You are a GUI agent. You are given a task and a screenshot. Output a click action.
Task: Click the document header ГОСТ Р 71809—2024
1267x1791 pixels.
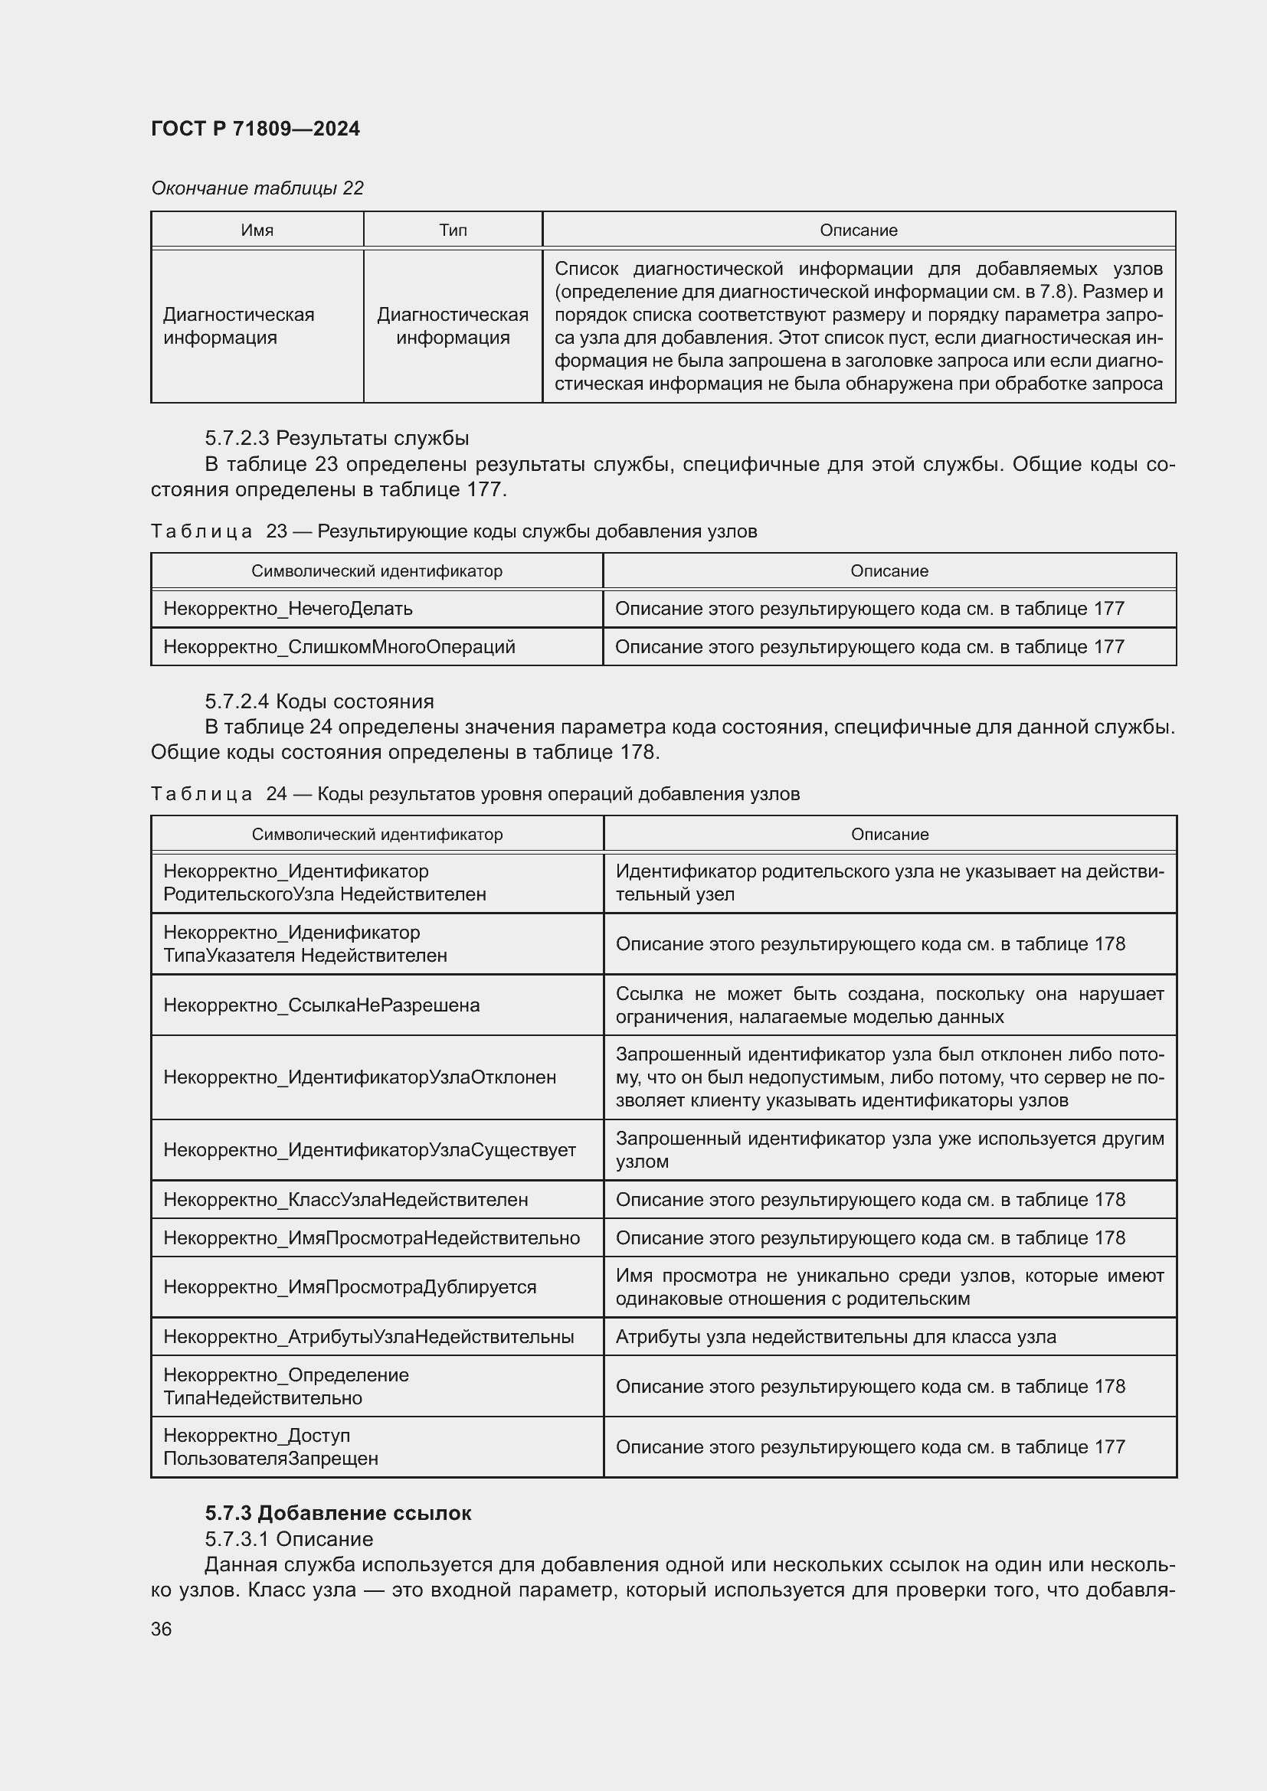[x=255, y=129]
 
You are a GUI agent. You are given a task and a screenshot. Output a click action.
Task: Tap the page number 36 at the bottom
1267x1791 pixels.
[x=162, y=1629]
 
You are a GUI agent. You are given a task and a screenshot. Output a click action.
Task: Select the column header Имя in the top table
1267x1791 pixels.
[x=257, y=230]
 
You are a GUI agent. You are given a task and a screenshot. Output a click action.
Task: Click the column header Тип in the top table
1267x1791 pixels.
[x=453, y=230]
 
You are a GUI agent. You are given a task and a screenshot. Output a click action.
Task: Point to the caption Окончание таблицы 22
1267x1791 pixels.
[x=257, y=188]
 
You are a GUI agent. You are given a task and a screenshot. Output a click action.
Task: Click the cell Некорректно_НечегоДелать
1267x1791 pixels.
[x=288, y=609]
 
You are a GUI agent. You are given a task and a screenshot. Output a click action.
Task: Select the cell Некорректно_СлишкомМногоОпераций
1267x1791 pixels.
[x=339, y=647]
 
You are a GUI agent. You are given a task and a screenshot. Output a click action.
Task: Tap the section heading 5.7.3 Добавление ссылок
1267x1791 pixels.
[x=338, y=1513]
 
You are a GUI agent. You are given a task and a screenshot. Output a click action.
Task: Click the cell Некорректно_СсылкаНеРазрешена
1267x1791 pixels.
[x=322, y=1005]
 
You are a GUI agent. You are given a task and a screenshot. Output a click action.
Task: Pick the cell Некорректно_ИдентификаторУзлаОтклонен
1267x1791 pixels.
[x=360, y=1077]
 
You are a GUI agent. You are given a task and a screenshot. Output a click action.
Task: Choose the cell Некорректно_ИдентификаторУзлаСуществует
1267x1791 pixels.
[x=369, y=1150]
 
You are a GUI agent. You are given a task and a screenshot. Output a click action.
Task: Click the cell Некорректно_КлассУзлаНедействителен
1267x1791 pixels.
[x=345, y=1200]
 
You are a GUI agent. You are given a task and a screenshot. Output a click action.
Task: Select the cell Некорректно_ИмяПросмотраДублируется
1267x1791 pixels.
[x=349, y=1287]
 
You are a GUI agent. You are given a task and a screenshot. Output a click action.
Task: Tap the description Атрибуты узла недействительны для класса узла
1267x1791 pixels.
[x=836, y=1337]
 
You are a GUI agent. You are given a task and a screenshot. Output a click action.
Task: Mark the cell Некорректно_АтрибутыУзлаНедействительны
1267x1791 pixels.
[x=368, y=1337]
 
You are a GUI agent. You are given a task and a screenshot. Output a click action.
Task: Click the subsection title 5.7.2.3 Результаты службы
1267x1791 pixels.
[x=336, y=439]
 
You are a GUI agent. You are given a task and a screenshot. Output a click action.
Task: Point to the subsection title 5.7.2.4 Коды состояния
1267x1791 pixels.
[x=319, y=701]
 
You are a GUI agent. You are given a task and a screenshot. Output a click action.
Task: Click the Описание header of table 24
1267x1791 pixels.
[x=889, y=834]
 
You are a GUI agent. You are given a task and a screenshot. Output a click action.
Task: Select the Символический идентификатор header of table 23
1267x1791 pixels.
[x=377, y=571]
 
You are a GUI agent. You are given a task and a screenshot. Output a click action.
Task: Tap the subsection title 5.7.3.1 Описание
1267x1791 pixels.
[x=289, y=1539]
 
